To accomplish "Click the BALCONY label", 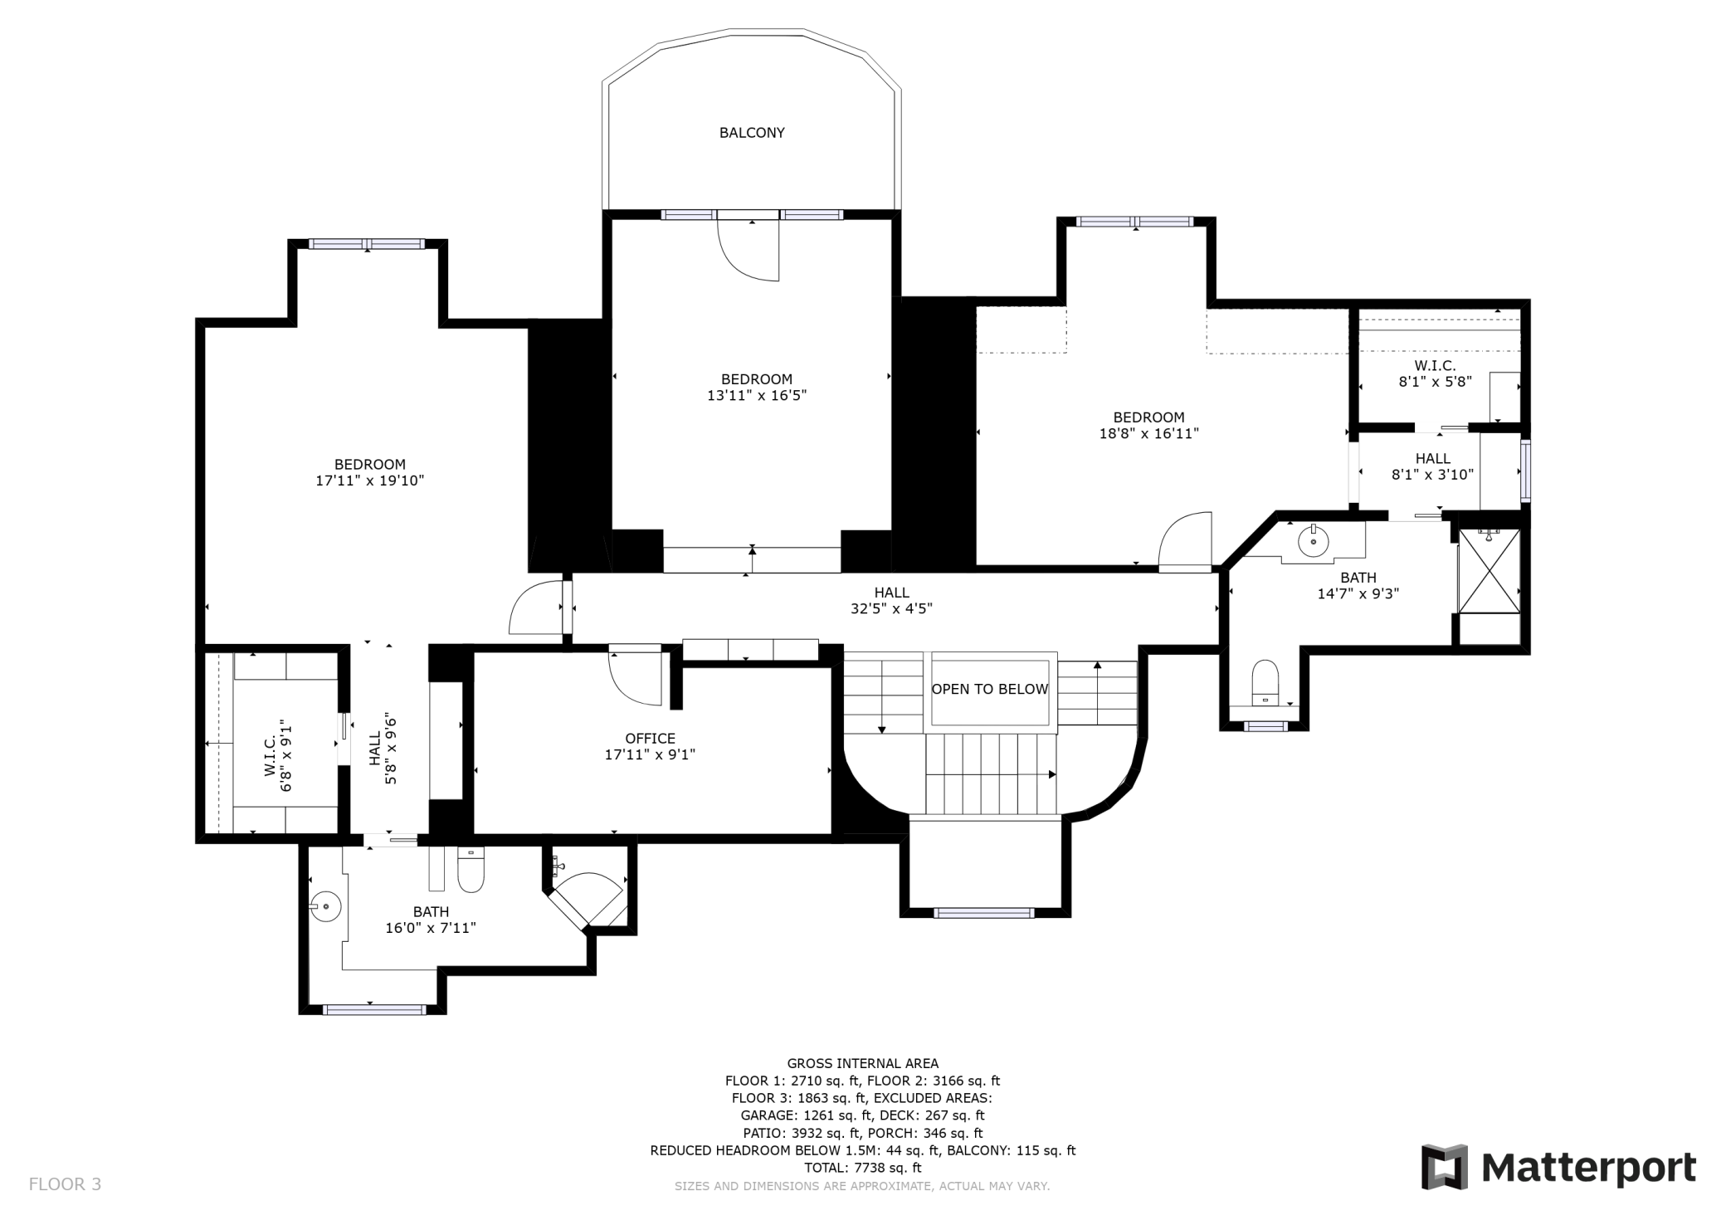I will pyautogui.click(x=752, y=133).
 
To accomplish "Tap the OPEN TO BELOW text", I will pyautogui.click(x=989, y=690).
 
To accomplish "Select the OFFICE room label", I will pyautogui.click(x=650, y=739).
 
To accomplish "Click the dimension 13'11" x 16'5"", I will pyautogui.click(x=756, y=396).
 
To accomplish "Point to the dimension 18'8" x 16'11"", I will pyautogui.click(x=1148, y=433).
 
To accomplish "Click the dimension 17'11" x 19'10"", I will pyautogui.click(x=369, y=481).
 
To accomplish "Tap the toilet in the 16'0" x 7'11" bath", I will pyautogui.click(x=471, y=871).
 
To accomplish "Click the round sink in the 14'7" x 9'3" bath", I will pyautogui.click(x=1313, y=542).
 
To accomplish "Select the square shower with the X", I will pyautogui.click(x=1490, y=571).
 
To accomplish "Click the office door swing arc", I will pyautogui.click(x=634, y=676).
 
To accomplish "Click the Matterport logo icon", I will pyautogui.click(x=1443, y=1167).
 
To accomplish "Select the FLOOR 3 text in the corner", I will pyautogui.click(x=65, y=1184).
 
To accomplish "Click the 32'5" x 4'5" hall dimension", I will pyautogui.click(x=891, y=608).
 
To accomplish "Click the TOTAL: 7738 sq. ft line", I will pyautogui.click(x=862, y=1168).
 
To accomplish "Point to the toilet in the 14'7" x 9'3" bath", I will pyautogui.click(x=1265, y=681).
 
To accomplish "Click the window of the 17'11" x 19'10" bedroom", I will pyautogui.click(x=366, y=244).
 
